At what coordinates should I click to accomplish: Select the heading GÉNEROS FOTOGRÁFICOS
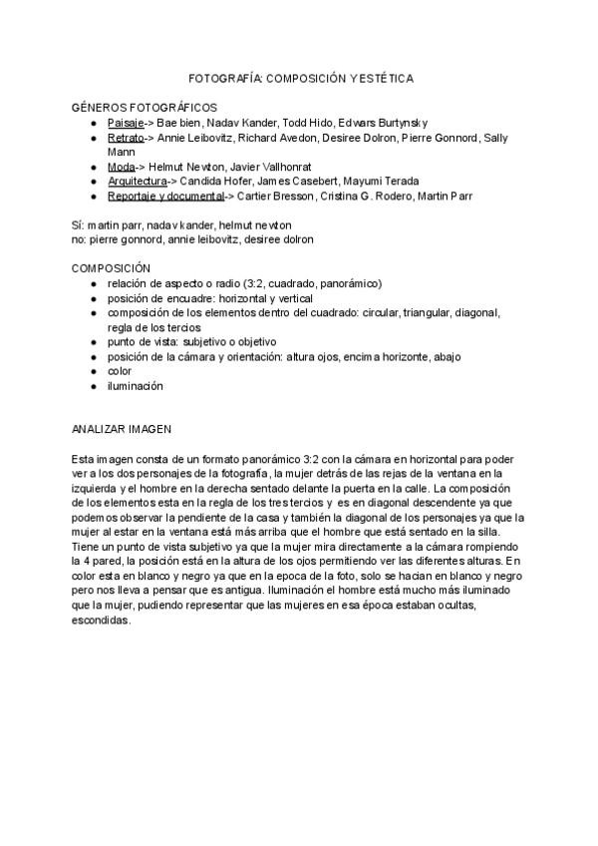[145, 106]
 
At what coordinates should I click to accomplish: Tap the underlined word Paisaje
[126, 121]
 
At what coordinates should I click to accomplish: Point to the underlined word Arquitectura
[137, 181]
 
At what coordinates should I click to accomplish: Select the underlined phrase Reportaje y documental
[164, 196]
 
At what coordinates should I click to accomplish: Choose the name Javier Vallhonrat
[276, 166]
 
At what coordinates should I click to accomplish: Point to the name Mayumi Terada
[383, 181]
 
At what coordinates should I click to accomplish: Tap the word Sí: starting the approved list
[78, 224]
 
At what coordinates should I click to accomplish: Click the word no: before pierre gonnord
[79, 239]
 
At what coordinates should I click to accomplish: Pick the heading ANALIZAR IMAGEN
[122, 428]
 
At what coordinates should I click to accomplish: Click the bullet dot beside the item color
[93, 371]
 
